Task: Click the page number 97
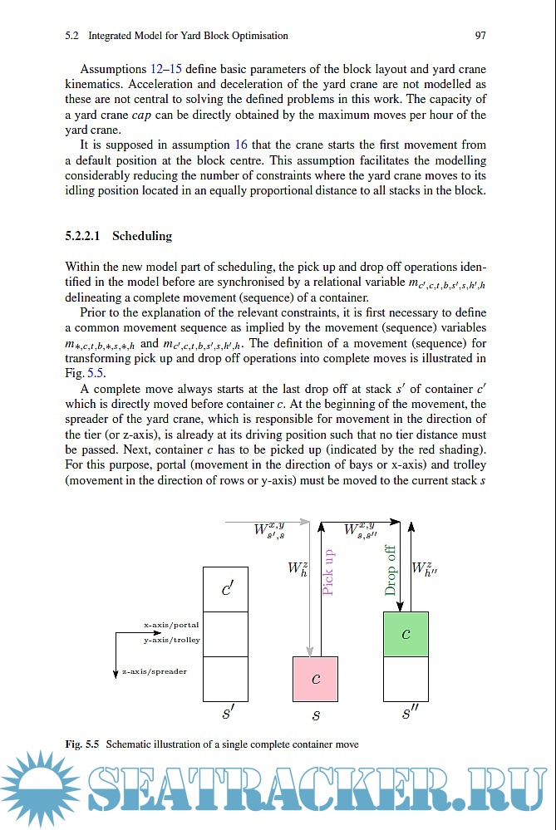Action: coord(480,36)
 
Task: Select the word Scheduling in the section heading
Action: coord(142,236)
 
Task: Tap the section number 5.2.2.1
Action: coord(83,236)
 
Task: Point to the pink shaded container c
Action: coord(315,679)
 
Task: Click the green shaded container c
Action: coord(406,634)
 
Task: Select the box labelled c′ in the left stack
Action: coord(225,589)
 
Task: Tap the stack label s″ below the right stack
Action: coord(408,713)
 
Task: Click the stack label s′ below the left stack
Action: coord(227,713)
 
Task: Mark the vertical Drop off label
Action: coord(391,570)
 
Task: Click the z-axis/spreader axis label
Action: coord(154,670)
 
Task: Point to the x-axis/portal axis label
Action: coord(170,625)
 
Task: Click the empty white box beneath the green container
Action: coord(406,678)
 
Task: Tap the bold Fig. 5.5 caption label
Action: coord(82,744)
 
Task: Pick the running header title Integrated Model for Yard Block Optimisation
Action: coord(188,36)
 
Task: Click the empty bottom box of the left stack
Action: coord(225,678)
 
